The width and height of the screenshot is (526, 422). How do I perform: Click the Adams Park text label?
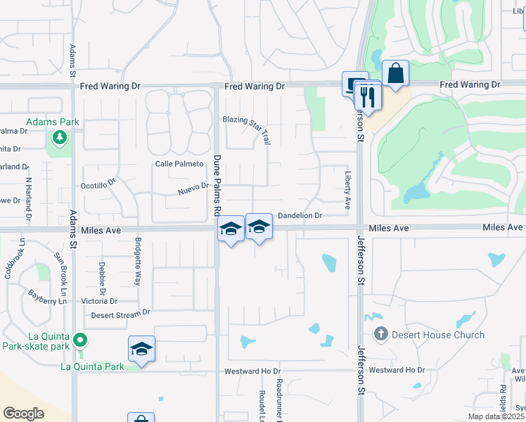coord(53,122)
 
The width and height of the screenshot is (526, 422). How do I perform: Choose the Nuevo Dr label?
coord(193,188)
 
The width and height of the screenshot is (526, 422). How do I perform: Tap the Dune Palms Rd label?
coord(217,184)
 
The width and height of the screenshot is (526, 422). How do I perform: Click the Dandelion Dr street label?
coord(300,216)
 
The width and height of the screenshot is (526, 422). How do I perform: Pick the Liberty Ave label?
coord(347,190)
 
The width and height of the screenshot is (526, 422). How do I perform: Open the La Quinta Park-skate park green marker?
coord(80,341)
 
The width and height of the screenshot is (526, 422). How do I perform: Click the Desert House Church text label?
coord(439,335)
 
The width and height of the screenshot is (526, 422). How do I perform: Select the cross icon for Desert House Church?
coord(381,334)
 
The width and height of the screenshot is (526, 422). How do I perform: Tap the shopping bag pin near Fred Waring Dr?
coord(396,73)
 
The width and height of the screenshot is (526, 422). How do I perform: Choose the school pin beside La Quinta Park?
coord(141,349)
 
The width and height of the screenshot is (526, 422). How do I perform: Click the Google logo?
coord(23,414)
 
